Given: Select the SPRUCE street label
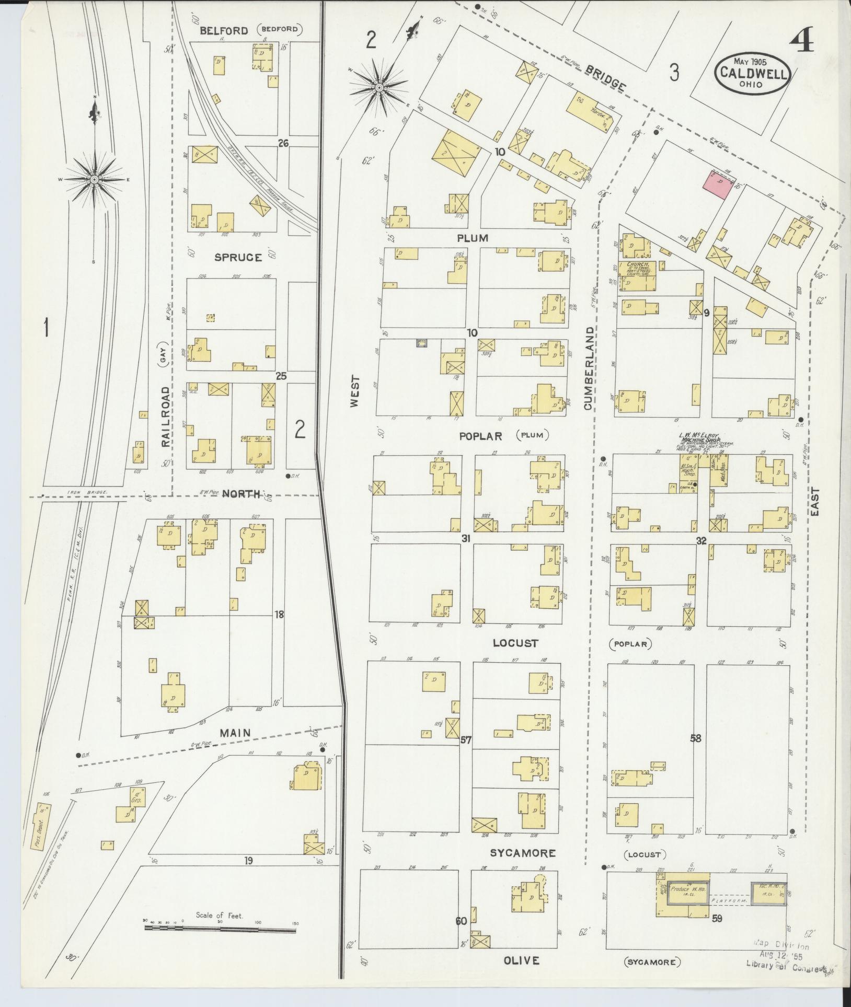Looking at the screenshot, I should point(237,257).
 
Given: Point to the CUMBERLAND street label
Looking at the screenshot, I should point(589,368).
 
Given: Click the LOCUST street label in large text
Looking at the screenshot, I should point(515,643).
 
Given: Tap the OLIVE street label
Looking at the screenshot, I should point(521,960).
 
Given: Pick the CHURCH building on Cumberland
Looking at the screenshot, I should point(637,276).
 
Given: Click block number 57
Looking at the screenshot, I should point(466,740).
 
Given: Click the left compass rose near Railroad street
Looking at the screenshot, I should point(95,179).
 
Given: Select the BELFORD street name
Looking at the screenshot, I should point(224,31).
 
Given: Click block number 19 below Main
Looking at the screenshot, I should point(248,860).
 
